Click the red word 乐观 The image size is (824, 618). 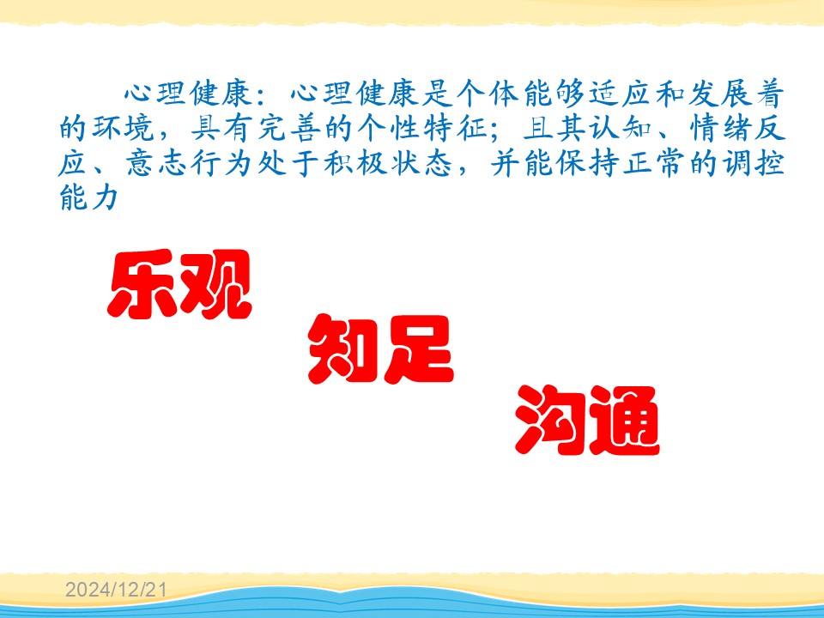coord(179,284)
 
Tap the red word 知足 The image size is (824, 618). coord(380,349)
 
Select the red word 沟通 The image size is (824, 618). coord(587,420)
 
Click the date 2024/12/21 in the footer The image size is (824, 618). coord(116,590)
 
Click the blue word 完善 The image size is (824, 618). coord(289,129)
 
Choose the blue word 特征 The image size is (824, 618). coord(455,129)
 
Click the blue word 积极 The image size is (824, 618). coord(355,163)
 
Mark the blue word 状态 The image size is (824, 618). coord(422,163)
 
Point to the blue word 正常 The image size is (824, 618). coord(654,163)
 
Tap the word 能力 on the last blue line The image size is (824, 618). coord(89,197)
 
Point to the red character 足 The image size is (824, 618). coord(419,349)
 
